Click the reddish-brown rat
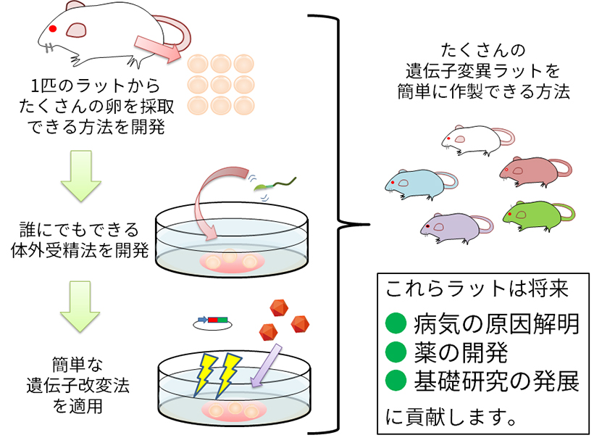coord(532,170)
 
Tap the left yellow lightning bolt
coord(206,373)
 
